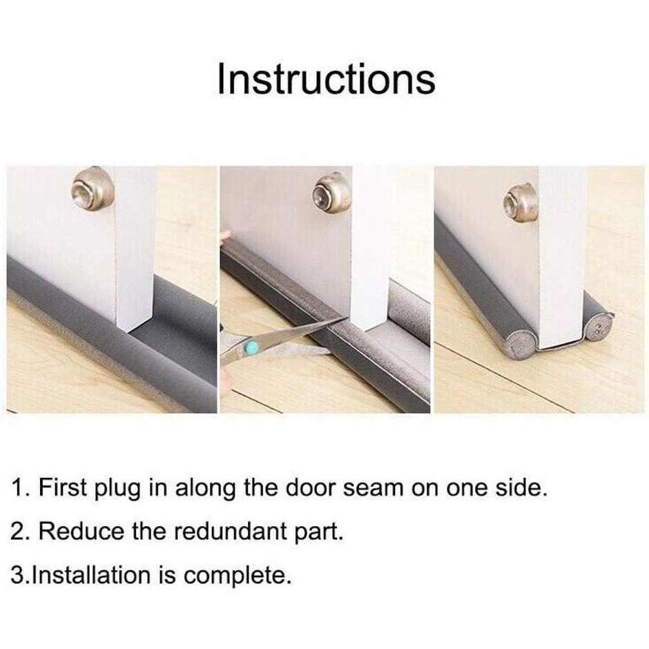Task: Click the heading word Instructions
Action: tap(326, 79)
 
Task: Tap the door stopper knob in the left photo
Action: tap(93, 188)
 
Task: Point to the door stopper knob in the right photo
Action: tap(520, 204)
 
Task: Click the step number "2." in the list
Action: tap(20, 531)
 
